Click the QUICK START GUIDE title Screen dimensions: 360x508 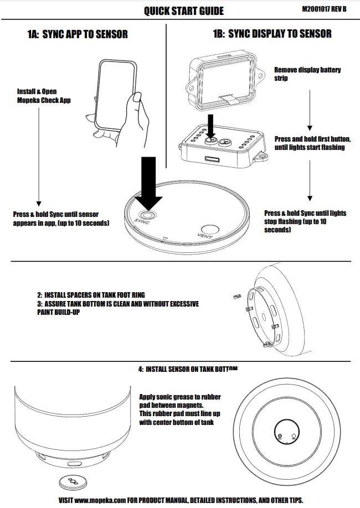(184, 11)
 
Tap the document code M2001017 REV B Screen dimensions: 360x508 (325, 9)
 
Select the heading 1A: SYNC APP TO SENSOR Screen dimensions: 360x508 (78, 34)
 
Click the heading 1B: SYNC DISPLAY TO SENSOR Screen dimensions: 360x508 (272, 34)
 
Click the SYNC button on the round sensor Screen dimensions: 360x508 (147, 215)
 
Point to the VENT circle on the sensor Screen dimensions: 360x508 (210, 230)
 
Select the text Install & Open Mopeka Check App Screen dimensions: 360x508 (44, 96)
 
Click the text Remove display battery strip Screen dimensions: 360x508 (307, 74)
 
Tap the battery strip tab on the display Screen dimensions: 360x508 (227, 99)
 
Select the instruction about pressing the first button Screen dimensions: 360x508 (313, 143)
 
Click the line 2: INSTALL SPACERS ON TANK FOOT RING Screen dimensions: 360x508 (91, 295)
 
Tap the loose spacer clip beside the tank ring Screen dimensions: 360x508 (238, 296)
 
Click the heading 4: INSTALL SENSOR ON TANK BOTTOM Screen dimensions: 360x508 (188, 369)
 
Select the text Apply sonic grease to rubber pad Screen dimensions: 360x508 (180, 401)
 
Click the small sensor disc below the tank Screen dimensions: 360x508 (73, 482)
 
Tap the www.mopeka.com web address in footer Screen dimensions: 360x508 (100, 500)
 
